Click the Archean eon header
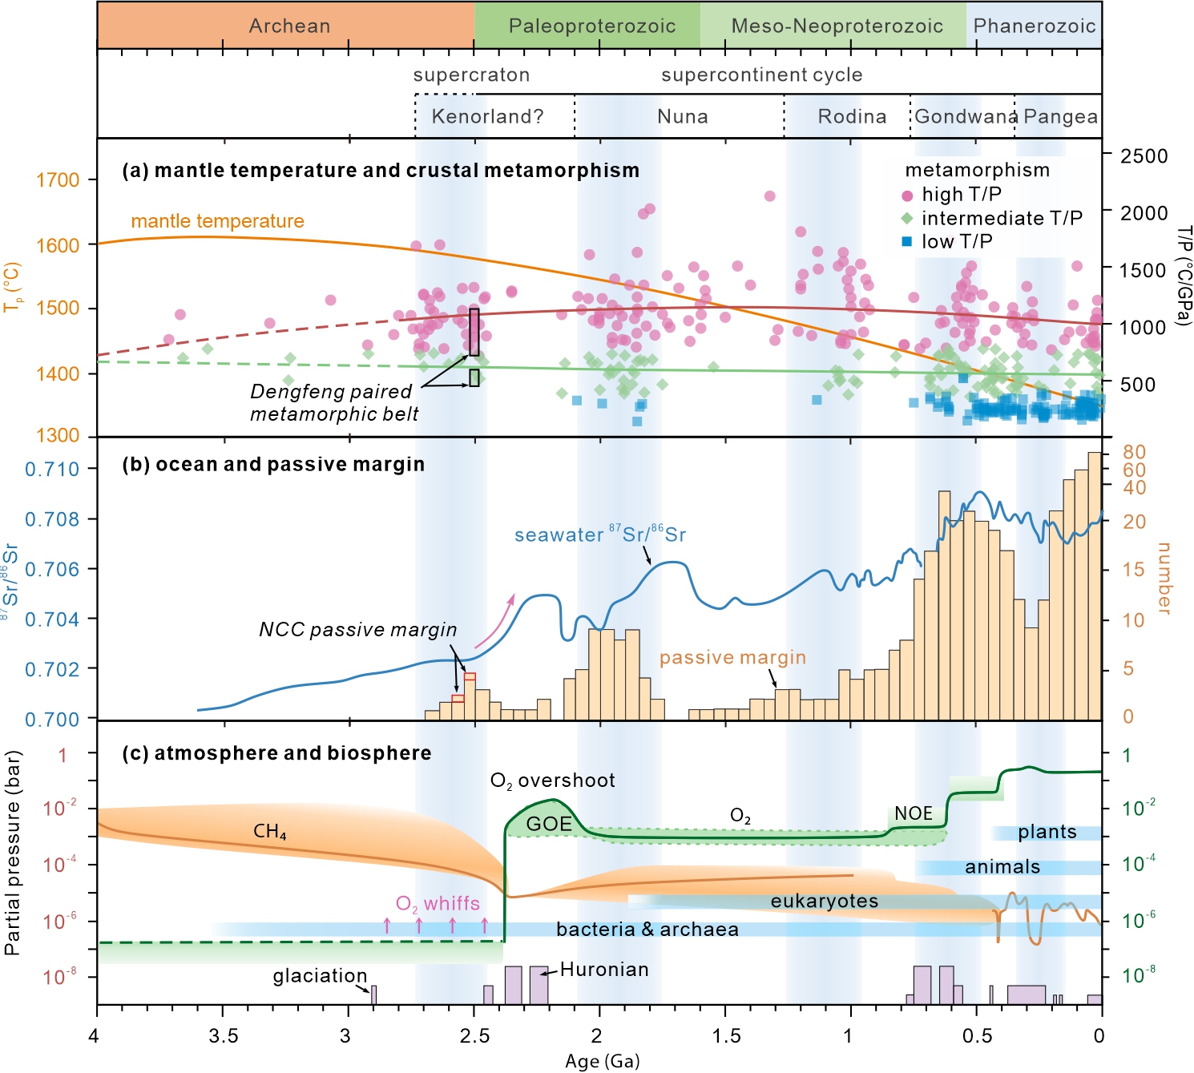288,26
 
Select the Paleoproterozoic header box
591,26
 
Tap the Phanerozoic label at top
1034,26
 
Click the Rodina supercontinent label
852,117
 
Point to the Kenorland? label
487,117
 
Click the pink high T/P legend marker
907,196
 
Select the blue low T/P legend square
907,241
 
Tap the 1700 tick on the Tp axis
58,180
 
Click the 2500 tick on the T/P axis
1144,155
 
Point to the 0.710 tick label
52,469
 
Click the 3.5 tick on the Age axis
223,1036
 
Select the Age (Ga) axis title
602,1061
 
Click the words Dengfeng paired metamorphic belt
333,402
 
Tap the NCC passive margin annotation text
357,630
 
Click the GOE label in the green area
549,824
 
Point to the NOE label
913,813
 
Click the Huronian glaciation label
604,970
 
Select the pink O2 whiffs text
438,904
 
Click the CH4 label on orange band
269,832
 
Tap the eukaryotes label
824,902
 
